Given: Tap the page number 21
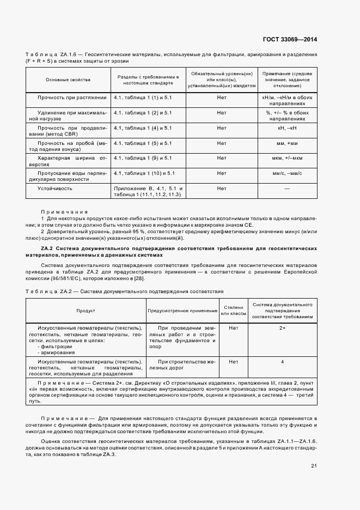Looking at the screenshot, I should tap(314, 465).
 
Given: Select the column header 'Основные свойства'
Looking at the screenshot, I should tap(68, 80).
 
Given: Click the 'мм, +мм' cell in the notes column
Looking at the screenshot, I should tap(286, 143).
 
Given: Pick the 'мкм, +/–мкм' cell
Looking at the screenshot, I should tap(286, 158).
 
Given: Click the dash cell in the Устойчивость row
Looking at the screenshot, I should tap(286, 188).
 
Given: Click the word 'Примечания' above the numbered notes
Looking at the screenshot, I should tap(64, 212).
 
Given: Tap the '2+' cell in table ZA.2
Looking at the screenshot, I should tap(282, 328).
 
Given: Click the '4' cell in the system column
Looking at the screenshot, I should tap(282, 362).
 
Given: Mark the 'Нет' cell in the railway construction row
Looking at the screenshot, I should tap(234, 362).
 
